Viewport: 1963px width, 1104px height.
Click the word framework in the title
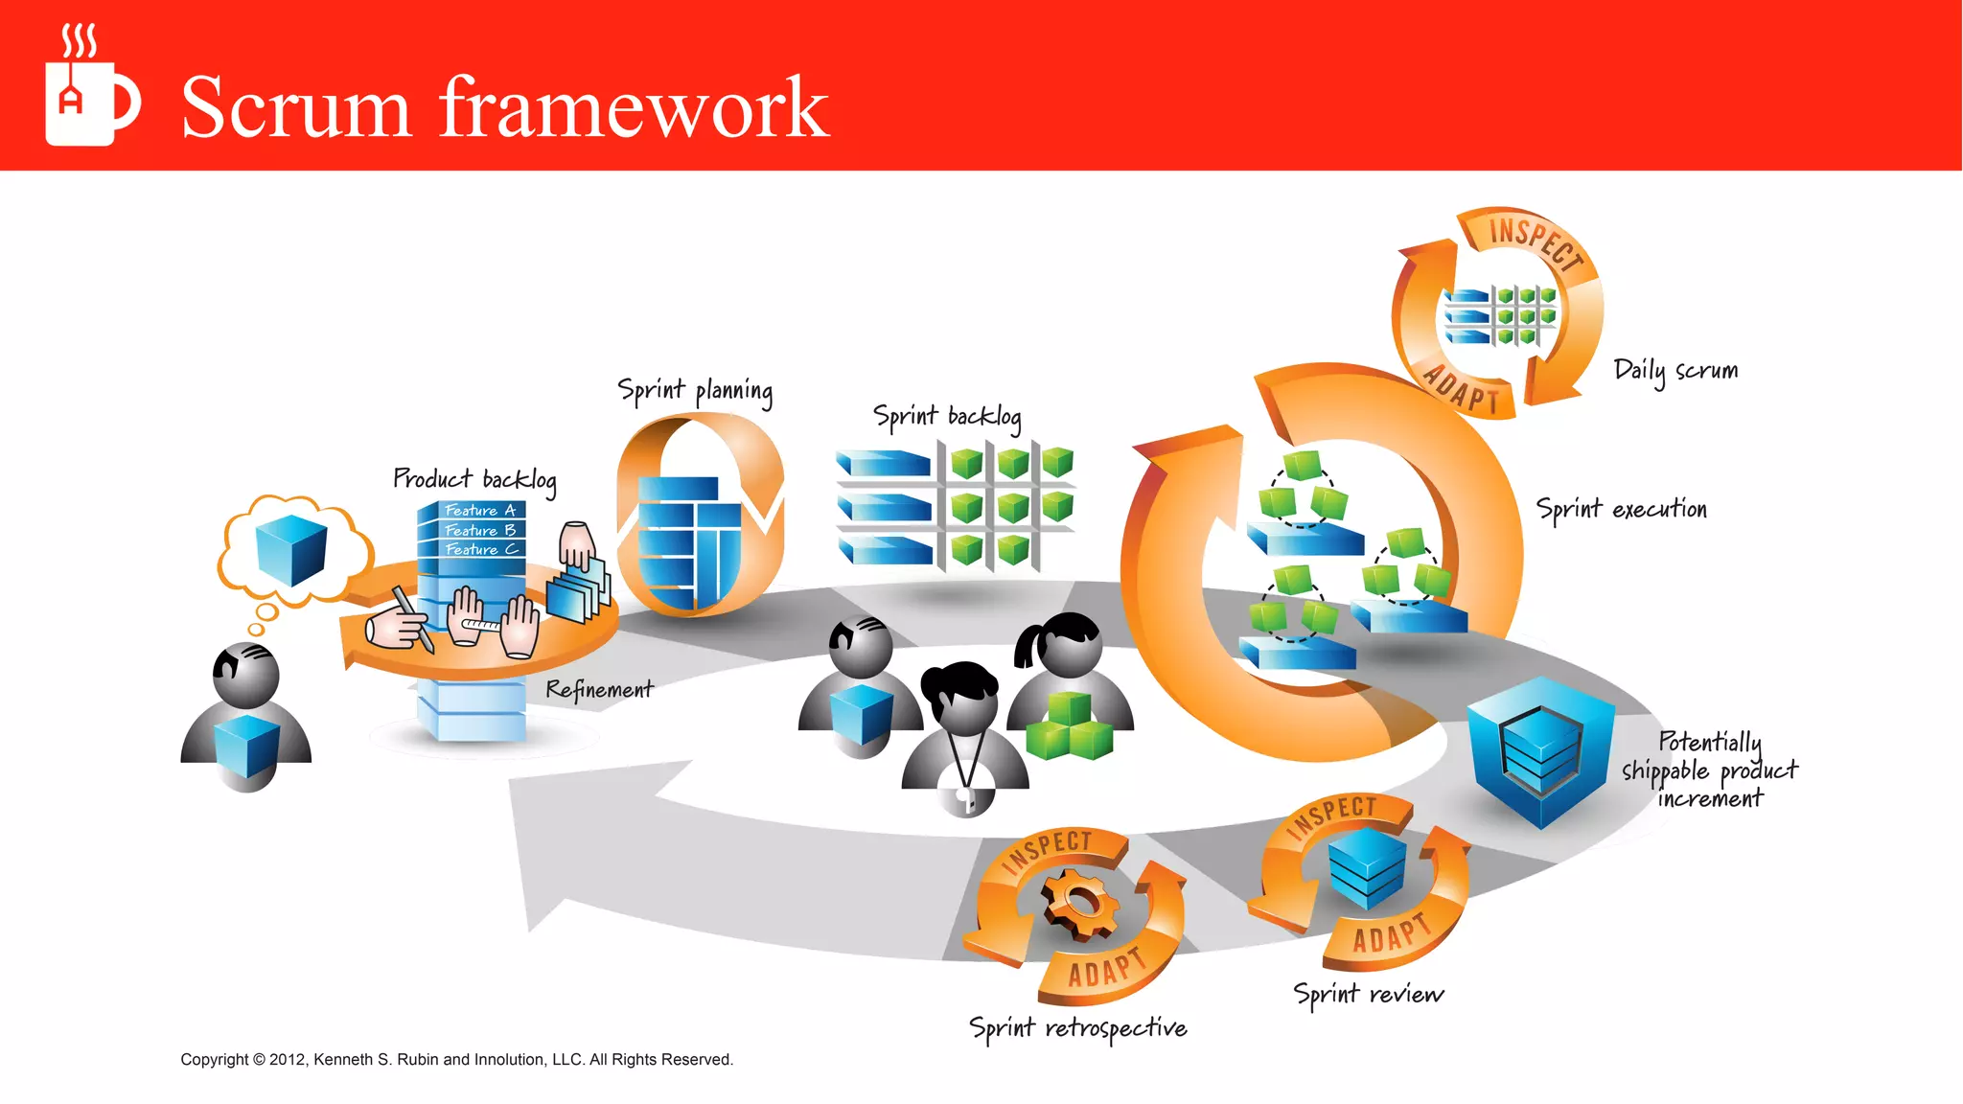(x=634, y=107)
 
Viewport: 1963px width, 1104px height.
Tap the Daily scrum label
(x=1674, y=371)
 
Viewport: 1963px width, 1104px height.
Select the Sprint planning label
(x=695, y=391)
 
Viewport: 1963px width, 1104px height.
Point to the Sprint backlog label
(x=946, y=417)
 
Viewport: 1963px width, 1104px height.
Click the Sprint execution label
(x=1621, y=509)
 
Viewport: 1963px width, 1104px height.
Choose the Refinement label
(x=599, y=689)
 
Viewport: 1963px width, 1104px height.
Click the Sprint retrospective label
(x=1077, y=1028)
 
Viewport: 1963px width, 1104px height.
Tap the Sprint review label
(x=1368, y=994)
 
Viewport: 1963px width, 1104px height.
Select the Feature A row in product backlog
(x=479, y=511)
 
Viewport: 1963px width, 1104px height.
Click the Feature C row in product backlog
(x=480, y=549)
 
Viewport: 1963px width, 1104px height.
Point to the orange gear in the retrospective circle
(x=1079, y=903)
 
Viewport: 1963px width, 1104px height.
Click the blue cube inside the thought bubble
(x=291, y=549)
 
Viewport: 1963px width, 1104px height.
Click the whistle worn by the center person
(x=967, y=799)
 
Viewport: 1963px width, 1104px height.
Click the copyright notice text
(x=456, y=1059)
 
